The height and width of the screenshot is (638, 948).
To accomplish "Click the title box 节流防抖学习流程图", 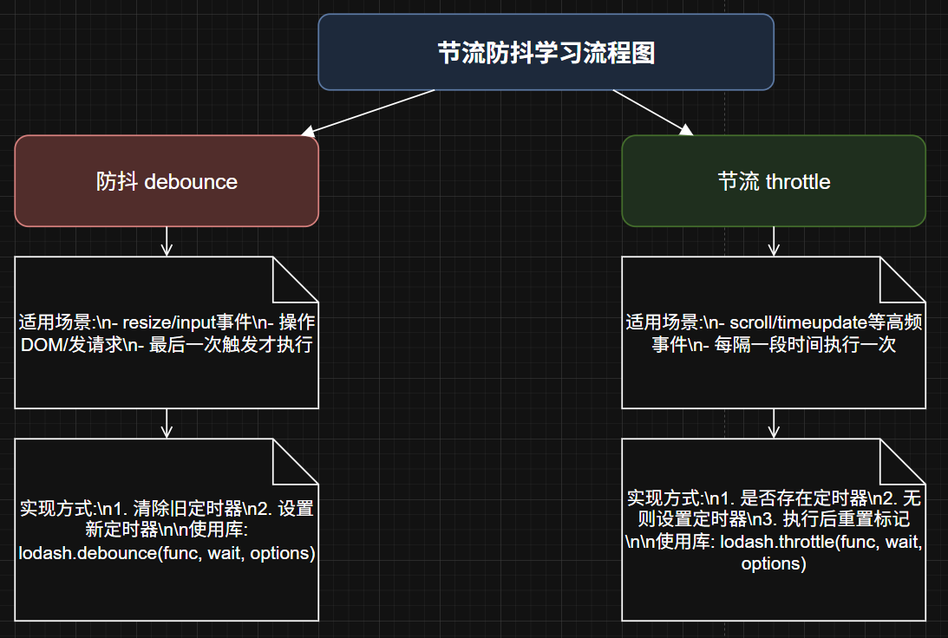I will click(546, 53).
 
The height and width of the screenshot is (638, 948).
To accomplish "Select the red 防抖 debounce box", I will click(167, 181).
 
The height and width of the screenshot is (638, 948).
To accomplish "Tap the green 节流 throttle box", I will click(774, 181).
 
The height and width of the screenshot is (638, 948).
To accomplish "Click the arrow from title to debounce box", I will click(369, 112).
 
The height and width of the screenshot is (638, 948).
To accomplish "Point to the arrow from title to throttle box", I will click(652, 112).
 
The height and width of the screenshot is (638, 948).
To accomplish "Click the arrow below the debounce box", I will click(167, 242).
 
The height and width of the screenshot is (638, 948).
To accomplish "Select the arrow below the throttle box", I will click(774, 242).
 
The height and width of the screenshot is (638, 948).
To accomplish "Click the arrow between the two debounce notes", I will click(167, 424).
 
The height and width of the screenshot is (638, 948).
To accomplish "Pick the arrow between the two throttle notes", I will click(774, 424).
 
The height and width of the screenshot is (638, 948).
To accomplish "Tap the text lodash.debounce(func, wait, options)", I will click(167, 553).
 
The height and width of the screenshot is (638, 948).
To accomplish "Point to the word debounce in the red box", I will click(191, 182).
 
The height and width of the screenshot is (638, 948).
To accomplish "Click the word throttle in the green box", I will click(799, 182).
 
